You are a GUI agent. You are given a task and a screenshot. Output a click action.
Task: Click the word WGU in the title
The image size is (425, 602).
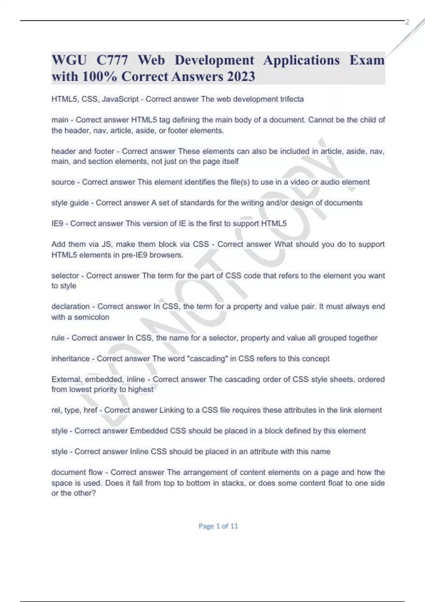pos(69,60)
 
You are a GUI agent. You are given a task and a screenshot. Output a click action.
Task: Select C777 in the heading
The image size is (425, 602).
pos(112,60)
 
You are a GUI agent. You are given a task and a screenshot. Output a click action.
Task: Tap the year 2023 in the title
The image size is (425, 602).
pos(241,76)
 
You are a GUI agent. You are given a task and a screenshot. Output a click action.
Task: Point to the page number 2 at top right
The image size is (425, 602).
pos(407,22)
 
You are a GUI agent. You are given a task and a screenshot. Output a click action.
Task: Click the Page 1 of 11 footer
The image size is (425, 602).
pos(218,526)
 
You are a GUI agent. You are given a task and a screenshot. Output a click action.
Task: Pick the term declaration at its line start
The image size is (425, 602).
pos(70,306)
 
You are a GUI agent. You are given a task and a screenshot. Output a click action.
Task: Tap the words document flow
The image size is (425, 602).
pos(77,472)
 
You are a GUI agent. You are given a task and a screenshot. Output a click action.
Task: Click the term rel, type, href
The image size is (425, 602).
pos(74,410)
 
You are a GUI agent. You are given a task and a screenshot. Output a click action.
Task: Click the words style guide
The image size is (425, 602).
pos(70,203)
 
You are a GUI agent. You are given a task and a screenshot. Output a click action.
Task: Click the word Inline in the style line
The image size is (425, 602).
pos(140,451)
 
